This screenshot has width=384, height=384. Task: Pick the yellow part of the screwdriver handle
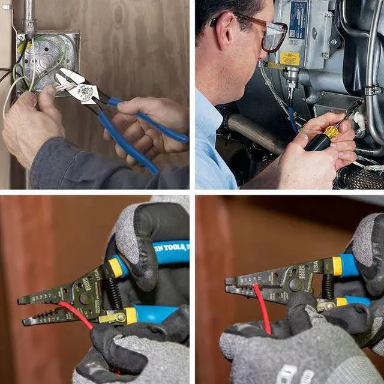point(332,131)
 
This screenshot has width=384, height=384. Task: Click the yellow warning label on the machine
point(290,58)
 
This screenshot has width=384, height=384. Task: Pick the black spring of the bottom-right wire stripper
point(328,287)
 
